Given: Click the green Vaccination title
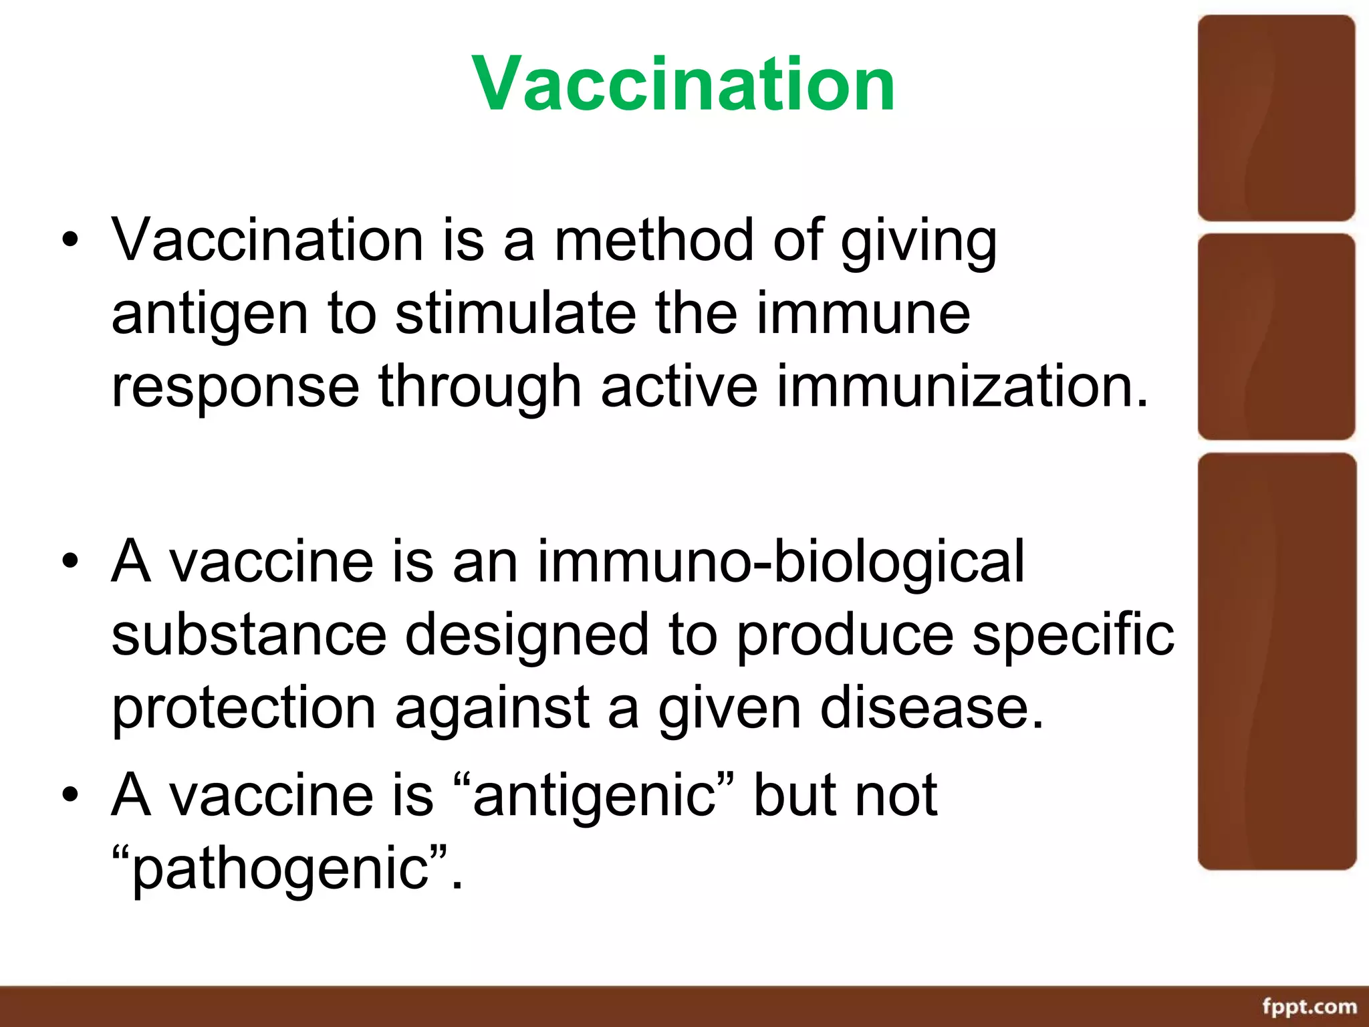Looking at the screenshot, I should click(683, 84).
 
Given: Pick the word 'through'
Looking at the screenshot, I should click(479, 388).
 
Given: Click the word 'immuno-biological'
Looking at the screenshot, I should click(781, 562).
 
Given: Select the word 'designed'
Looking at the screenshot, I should click(527, 635).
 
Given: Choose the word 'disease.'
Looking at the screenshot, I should click(932, 707).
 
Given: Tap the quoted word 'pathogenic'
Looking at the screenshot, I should click(280, 869).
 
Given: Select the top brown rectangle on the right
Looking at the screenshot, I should click(1276, 118).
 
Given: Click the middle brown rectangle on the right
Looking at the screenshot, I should click(1276, 336).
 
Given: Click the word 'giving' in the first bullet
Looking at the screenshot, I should click(919, 241).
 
